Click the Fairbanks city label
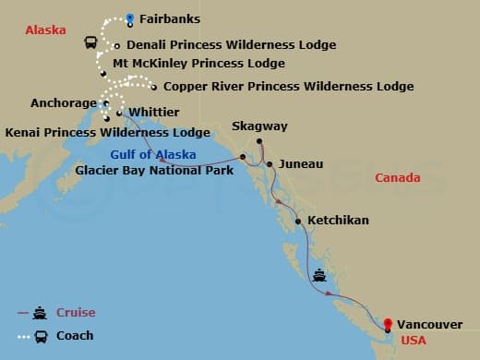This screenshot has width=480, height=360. click(x=169, y=18)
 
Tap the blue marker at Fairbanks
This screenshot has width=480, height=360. click(x=130, y=18)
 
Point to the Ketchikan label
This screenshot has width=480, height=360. click(x=338, y=221)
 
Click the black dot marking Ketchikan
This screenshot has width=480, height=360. click(x=297, y=222)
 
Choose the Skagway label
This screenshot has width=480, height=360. click(x=259, y=126)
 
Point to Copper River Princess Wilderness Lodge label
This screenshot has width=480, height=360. click(x=288, y=87)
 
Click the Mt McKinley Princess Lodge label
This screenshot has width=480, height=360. click(x=198, y=64)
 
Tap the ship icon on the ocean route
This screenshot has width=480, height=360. click(x=319, y=274)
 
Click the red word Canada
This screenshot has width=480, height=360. click(x=399, y=177)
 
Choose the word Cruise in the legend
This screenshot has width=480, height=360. click(x=76, y=313)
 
